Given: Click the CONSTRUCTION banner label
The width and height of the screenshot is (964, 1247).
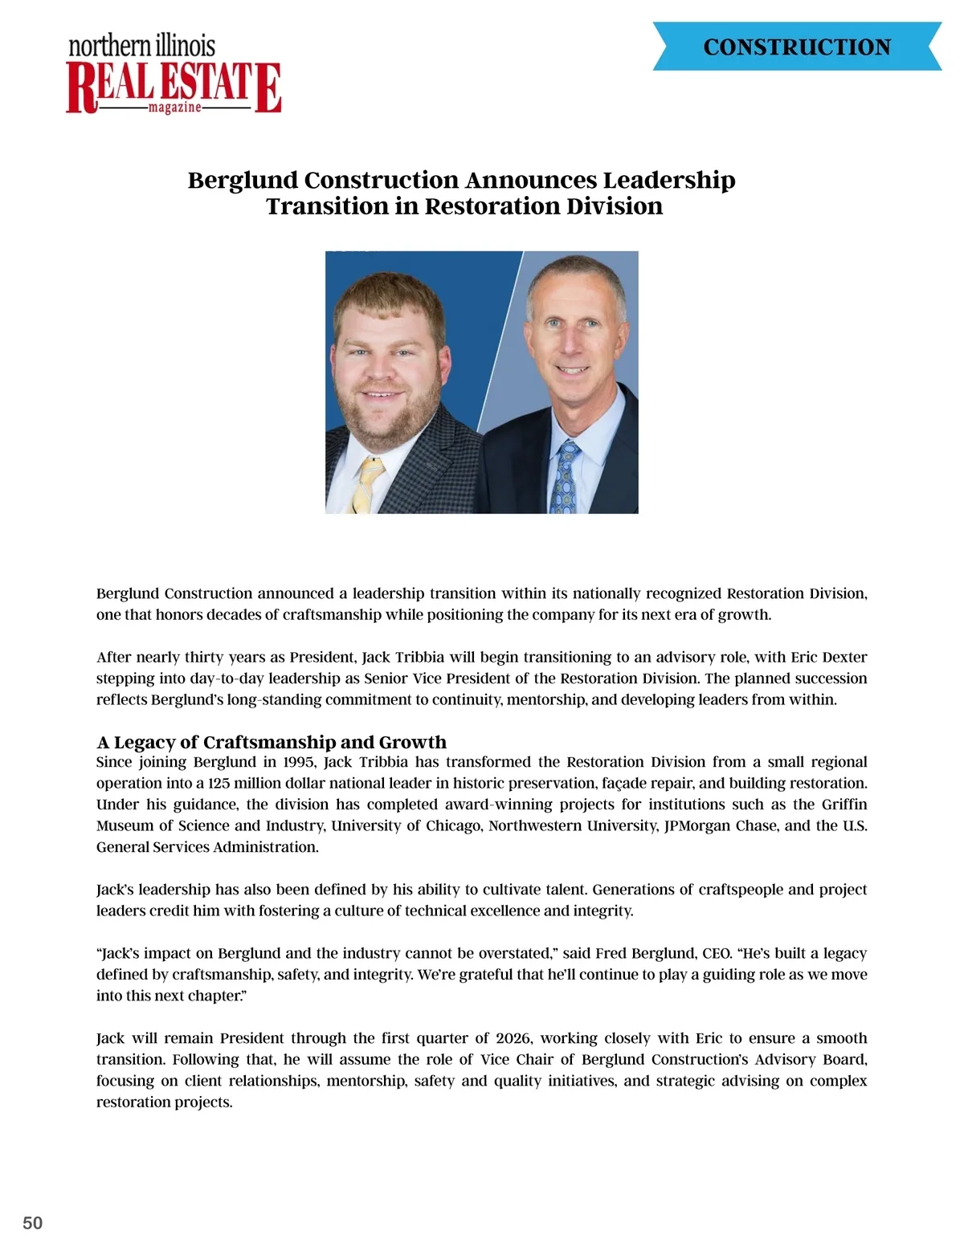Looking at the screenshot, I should [x=797, y=47].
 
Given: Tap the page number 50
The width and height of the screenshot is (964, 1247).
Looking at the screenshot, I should [x=33, y=1223].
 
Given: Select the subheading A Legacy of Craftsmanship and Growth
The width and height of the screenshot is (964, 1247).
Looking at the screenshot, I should [x=272, y=742].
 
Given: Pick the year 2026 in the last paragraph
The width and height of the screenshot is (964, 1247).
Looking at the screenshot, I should [x=513, y=1038].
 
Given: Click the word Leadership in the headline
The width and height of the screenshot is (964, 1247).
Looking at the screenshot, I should [x=669, y=180].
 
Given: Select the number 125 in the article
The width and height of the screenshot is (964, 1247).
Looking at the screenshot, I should [x=219, y=783].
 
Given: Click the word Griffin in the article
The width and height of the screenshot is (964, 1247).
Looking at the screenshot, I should [x=844, y=805].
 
